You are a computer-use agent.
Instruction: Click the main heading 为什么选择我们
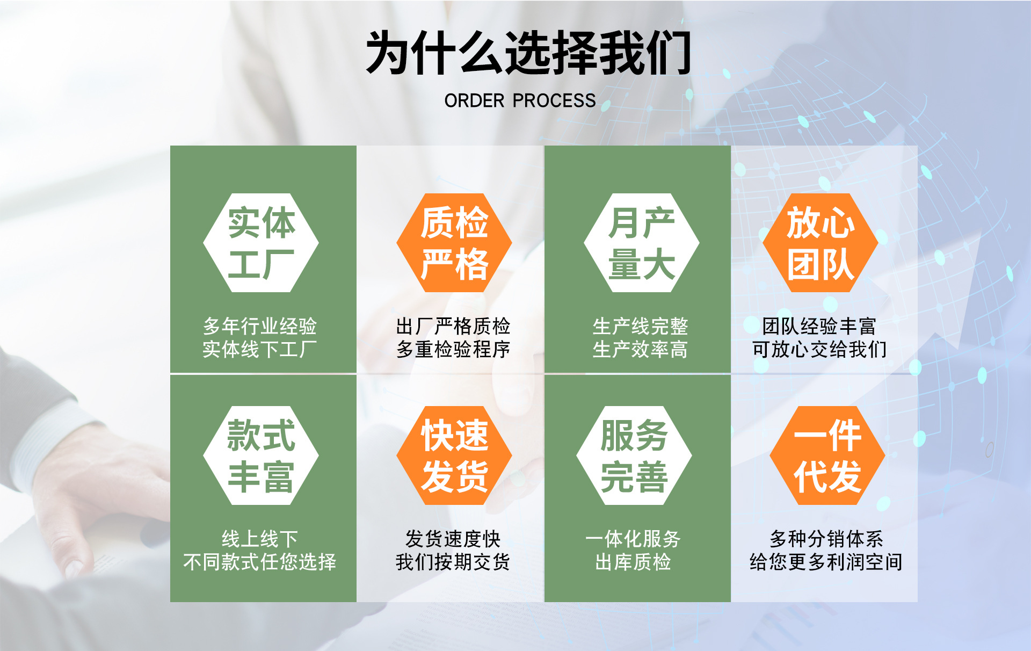(528, 53)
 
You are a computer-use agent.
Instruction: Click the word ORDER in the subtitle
(474, 100)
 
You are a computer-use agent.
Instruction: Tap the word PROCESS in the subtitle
(554, 100)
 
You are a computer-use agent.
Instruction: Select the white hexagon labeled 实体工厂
(261, 243)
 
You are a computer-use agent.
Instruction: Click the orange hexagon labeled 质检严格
(454, 243)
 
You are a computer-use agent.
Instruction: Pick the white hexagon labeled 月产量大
(641, 243)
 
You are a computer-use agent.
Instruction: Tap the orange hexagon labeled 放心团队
(820, 243)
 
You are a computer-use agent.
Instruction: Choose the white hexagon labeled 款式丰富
(261, 455)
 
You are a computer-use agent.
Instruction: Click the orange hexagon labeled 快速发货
(454, 455)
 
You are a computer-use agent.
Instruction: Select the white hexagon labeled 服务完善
(634, 455)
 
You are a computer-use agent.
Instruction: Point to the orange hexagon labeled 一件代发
(827, 455)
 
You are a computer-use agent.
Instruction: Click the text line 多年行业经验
(260, 326)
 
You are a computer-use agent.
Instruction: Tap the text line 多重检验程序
(453, 350)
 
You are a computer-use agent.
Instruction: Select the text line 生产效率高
(640, 350)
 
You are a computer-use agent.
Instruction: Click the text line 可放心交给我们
(819, 350)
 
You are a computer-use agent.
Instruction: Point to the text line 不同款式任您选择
(260, 562)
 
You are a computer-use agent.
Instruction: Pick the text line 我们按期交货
(453, 562)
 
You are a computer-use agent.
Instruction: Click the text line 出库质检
(633, 562)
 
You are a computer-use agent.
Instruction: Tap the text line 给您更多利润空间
(826, 562)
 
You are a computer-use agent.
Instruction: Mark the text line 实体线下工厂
(260, 350)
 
